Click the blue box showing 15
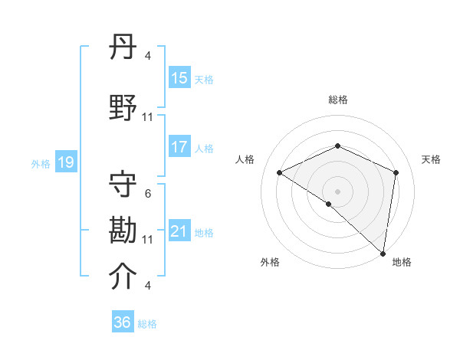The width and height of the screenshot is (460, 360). pos(179,77)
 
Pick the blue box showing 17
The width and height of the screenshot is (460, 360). pos(179,147)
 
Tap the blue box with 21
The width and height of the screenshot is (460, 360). pos(179,231)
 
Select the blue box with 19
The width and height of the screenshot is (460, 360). pos(65,162)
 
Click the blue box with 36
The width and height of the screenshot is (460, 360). pos(123,322)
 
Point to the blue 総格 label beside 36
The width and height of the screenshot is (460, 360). pos(147,324)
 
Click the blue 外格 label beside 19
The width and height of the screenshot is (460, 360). pos(40,163)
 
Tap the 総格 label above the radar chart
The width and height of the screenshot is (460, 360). pos(337,100)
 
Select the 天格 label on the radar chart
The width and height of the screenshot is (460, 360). pos(431,159)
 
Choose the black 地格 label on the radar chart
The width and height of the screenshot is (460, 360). pos(402,262)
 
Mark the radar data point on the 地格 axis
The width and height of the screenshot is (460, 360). pos(383,253)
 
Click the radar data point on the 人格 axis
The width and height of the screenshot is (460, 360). pos(280,172)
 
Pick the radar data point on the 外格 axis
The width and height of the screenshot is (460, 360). pos(328,204)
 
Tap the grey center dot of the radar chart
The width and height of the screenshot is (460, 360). pos(337,191)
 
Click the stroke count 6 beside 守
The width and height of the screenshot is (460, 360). pos(148,194)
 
